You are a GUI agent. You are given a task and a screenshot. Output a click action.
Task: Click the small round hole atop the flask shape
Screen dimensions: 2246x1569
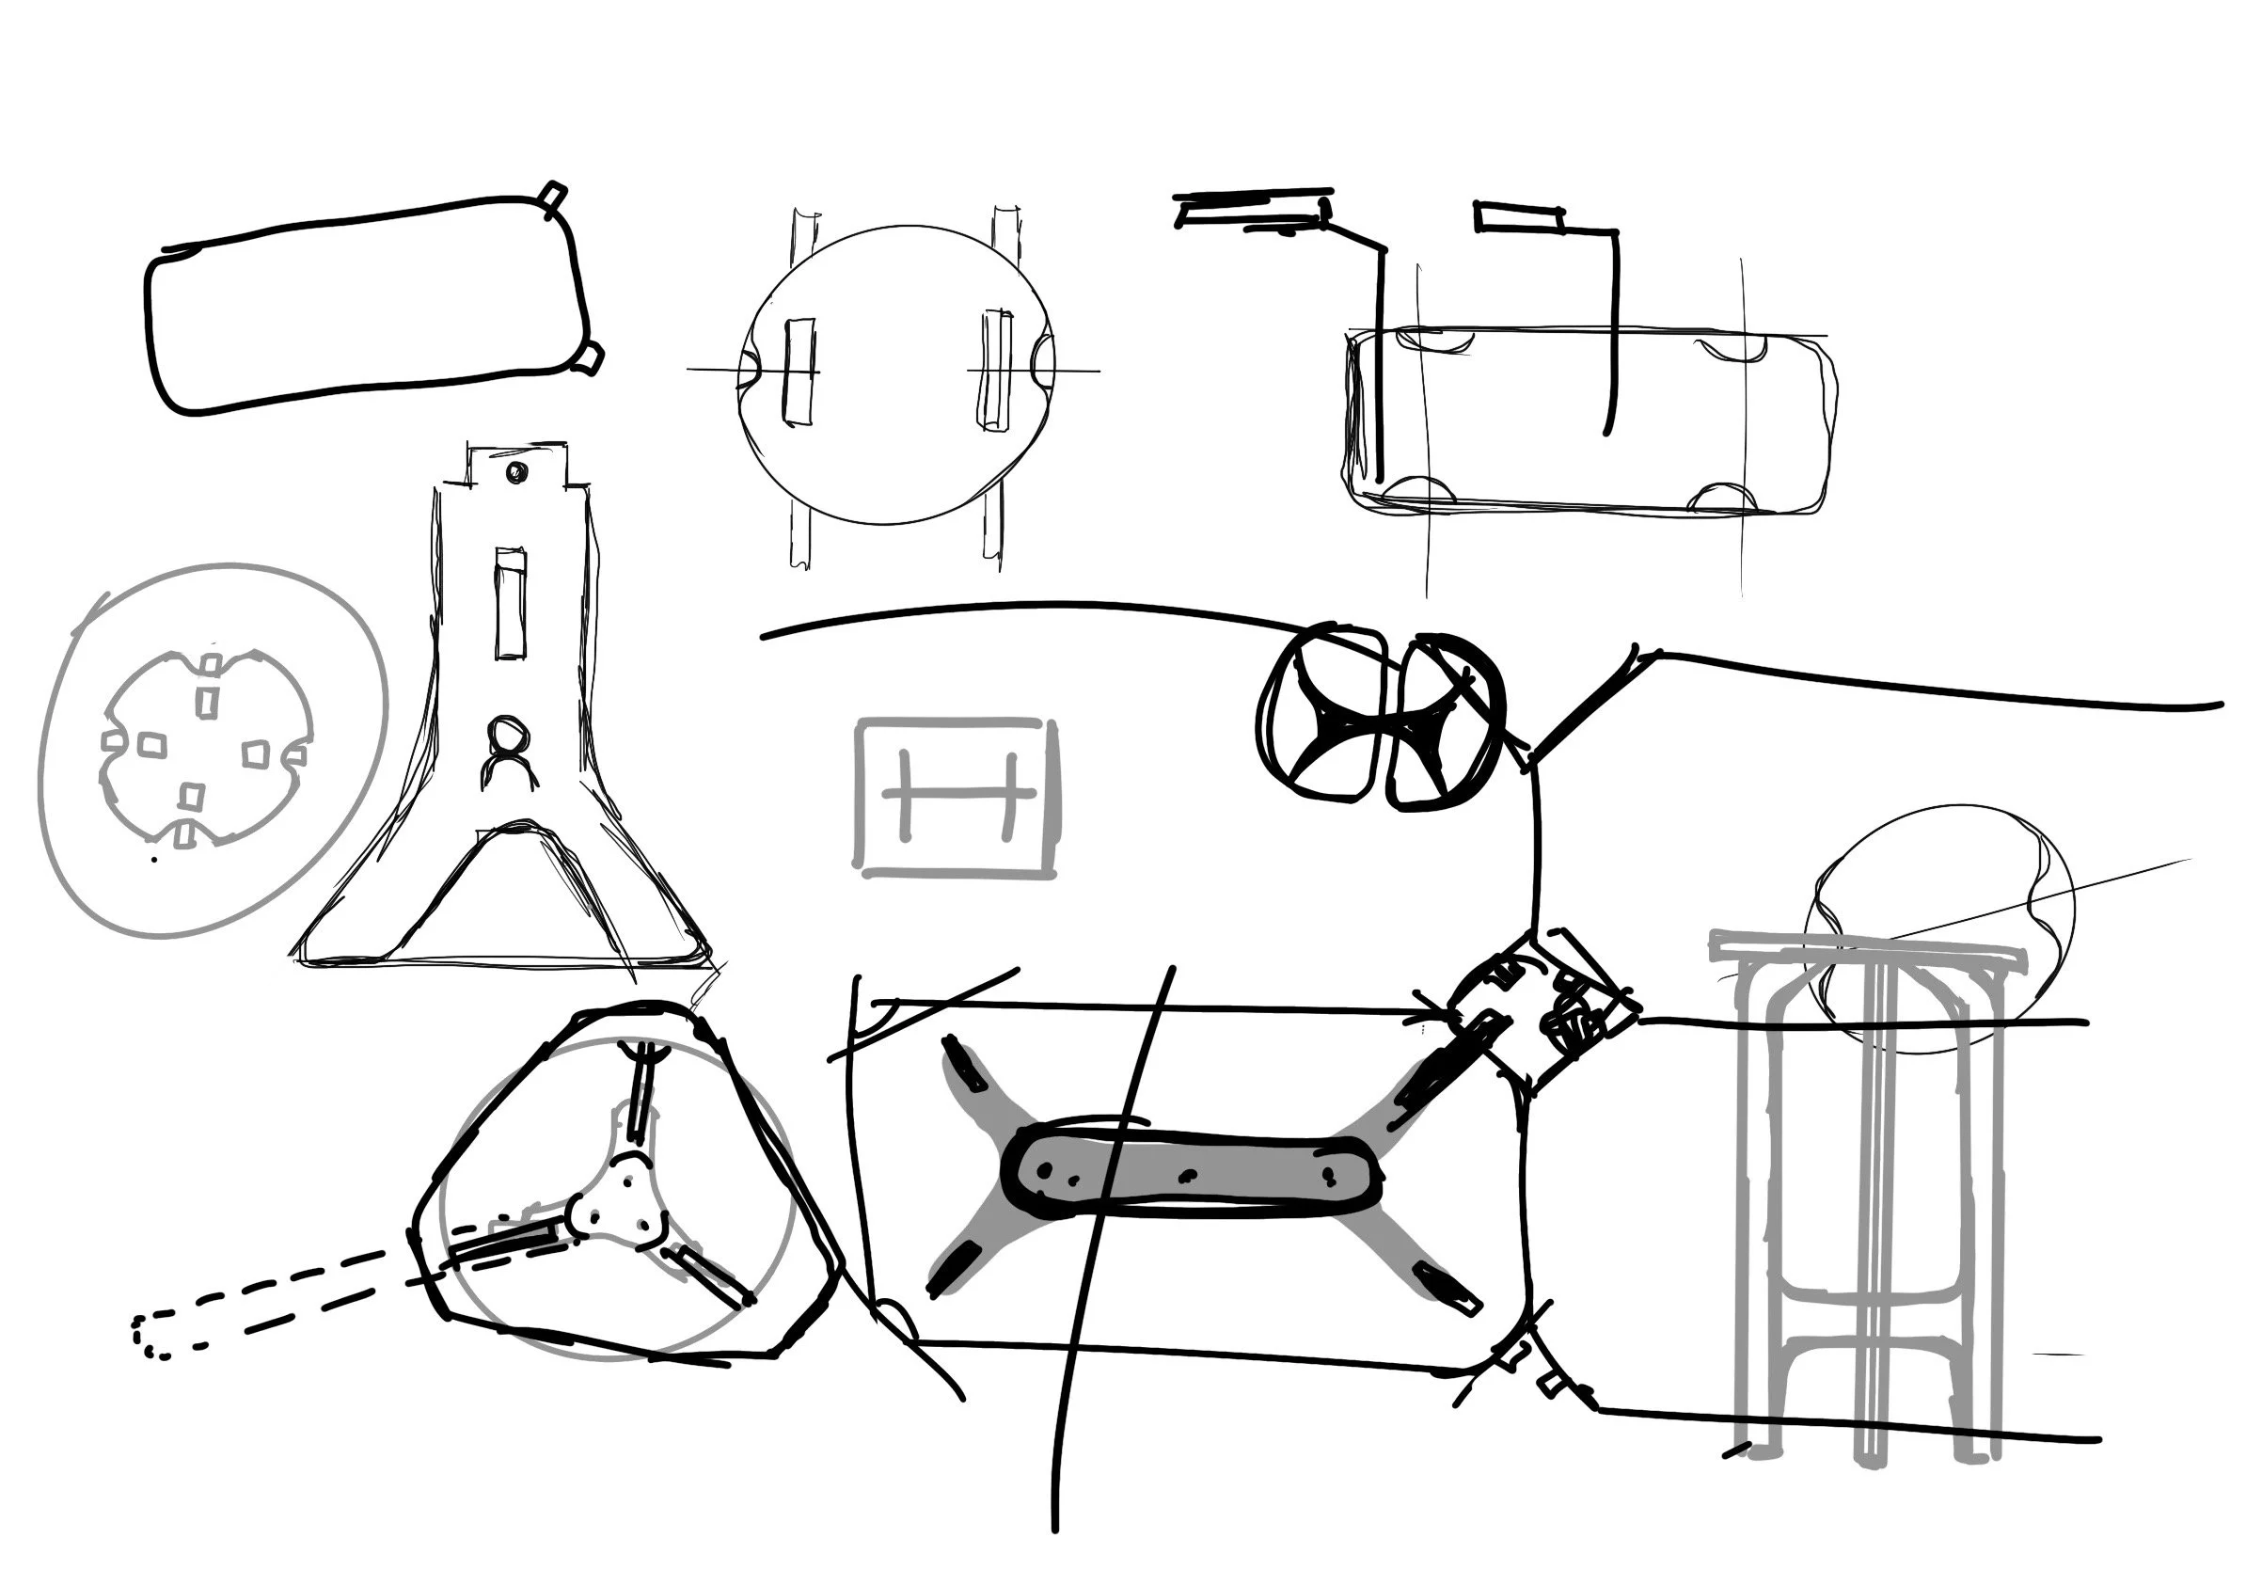[514, 472]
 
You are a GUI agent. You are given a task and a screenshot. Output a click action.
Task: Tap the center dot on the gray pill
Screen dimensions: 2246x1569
[1190, 1174]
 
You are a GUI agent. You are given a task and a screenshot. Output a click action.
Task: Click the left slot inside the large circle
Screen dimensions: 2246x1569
[800, 371]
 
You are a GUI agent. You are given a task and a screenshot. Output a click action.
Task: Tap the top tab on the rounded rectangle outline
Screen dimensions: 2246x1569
[554, 195]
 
